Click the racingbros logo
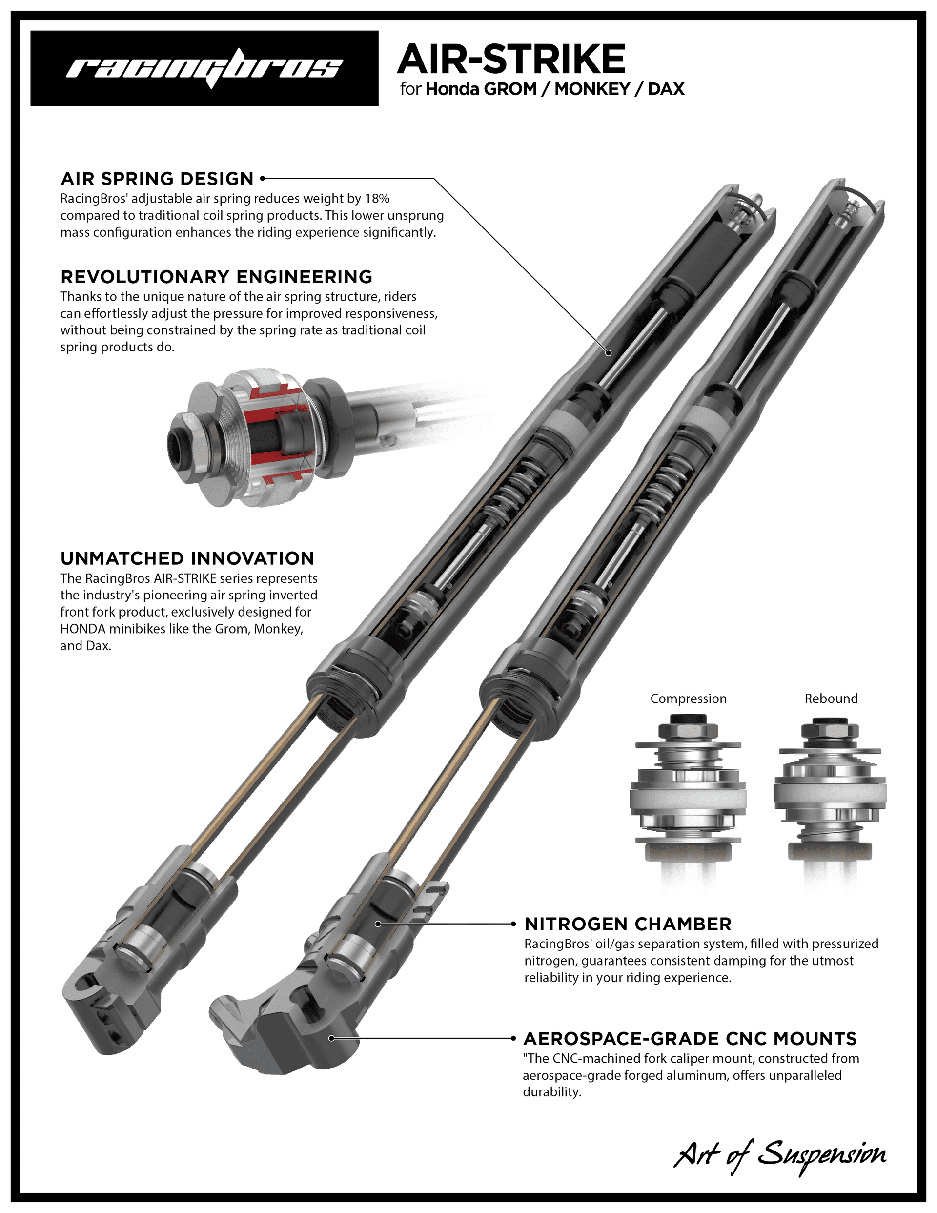click(x=204, y=68)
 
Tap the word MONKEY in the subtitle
click(x=592, y=89)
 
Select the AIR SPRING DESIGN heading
click(x=157, y=179)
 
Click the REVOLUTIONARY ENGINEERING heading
click(x=216, y=277)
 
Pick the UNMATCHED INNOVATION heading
click(x=187, y=558)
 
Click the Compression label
click(x=688, y=699)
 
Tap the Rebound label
click(x=831, y=699)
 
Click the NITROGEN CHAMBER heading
click(x=628, y=924)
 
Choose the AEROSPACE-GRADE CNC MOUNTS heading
click(x=690, y=1039)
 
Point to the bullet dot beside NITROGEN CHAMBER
click(x=513, y=924)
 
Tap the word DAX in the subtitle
click(x=666, y=89)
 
